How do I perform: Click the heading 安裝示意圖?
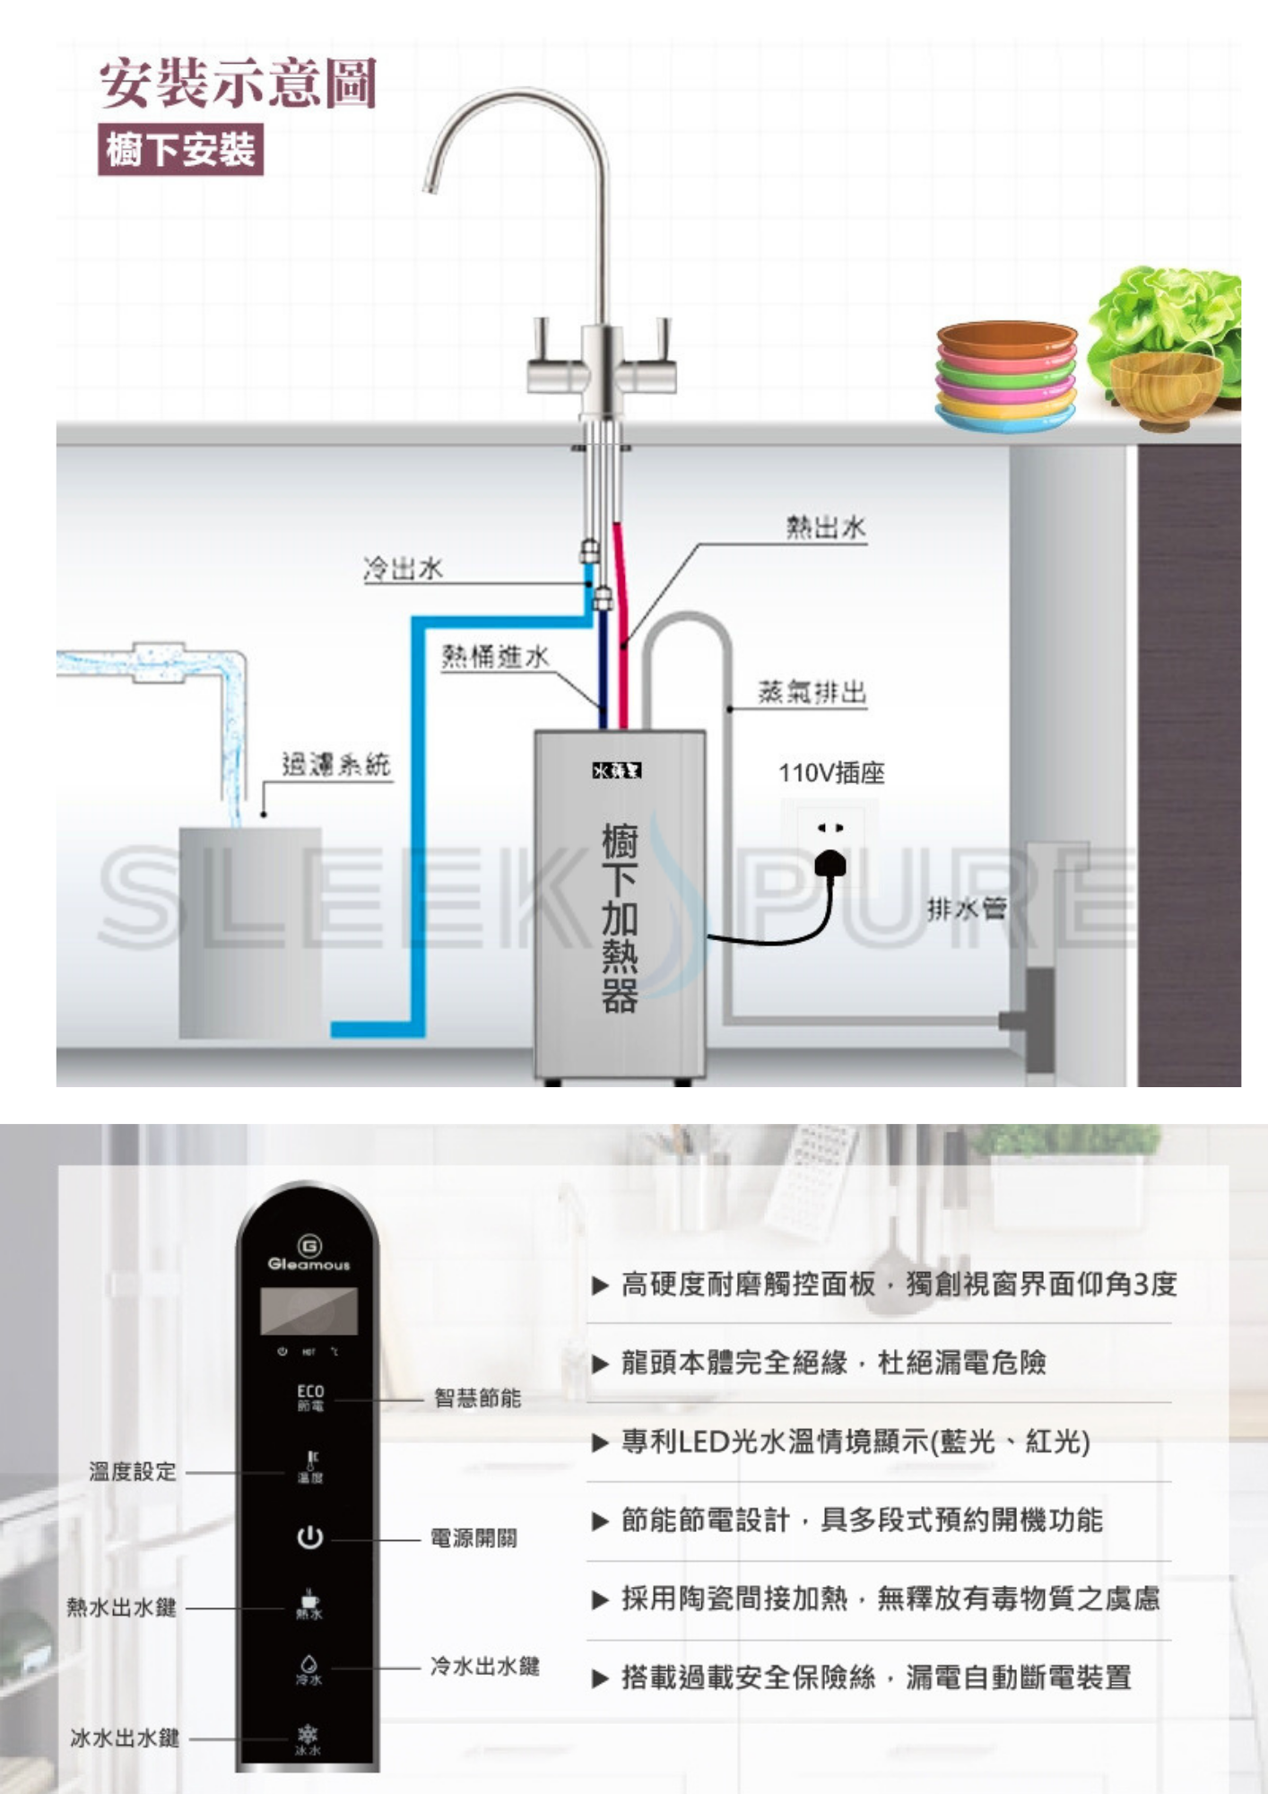point(238,83)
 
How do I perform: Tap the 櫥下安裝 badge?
point(180,149)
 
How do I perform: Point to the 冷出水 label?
point(403,569)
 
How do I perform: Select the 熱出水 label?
point(826,527)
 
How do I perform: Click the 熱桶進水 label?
point(495,657)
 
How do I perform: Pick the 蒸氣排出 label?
point(812,692)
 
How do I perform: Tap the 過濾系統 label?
point(336,764)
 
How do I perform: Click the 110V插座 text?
point(831,773)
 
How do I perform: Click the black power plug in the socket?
point(829,863)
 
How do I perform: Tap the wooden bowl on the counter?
point(1165,391)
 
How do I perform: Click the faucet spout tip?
point(430,184)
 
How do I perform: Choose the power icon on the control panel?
point(309,1537)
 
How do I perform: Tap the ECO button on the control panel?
point(310,1397)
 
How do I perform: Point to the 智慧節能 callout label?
point(477,1398)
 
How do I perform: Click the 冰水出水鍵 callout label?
point(125,1737)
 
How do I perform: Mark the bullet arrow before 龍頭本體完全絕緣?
point(600,1364)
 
